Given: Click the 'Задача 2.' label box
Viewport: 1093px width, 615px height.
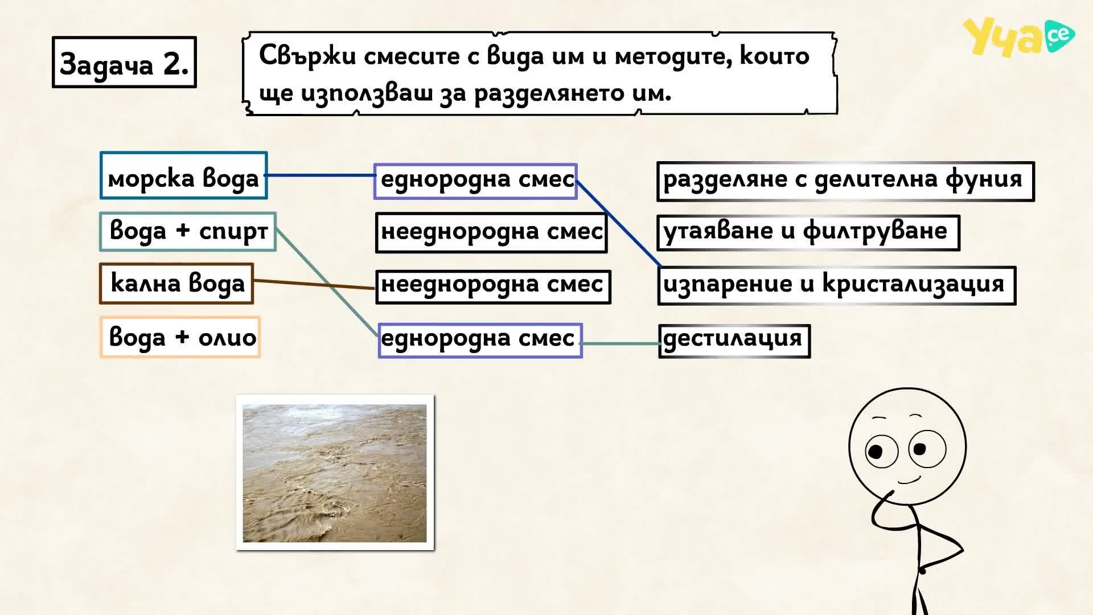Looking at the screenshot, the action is click(124, 63).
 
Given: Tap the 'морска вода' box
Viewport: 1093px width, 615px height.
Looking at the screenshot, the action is click(183, 175).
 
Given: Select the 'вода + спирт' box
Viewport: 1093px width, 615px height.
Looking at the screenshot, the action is click(188, 232).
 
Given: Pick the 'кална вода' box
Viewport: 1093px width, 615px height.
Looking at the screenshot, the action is click(176, 283).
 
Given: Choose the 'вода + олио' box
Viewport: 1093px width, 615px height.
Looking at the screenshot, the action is click(180, 337).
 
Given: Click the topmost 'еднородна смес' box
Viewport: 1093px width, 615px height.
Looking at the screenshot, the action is click(475, 181).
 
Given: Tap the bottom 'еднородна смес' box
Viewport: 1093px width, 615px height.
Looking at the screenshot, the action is click(480, 341).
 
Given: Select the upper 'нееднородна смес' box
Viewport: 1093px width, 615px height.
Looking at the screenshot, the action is click(491, 233).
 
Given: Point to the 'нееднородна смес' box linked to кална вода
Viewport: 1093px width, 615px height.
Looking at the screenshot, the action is click(493, 286).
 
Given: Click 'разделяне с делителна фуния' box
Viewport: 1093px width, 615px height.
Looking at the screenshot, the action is click(845, 182).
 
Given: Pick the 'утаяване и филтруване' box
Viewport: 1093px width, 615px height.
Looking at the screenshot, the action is click(808, 233).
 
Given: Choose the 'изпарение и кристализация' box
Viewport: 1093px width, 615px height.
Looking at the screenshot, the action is click(837, 286).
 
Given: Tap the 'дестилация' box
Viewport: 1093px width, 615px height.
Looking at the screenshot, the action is click(734, 341).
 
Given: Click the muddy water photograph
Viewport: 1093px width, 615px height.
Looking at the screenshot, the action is click(335, 473).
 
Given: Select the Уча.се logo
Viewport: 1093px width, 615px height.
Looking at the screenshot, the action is click(1018, 37).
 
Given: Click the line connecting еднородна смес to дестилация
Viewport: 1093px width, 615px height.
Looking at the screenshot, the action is click(621, 343).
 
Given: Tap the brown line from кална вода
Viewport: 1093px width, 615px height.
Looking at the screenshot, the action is click(314, 284).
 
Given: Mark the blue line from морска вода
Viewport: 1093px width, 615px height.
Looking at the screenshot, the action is click(320, 175).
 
